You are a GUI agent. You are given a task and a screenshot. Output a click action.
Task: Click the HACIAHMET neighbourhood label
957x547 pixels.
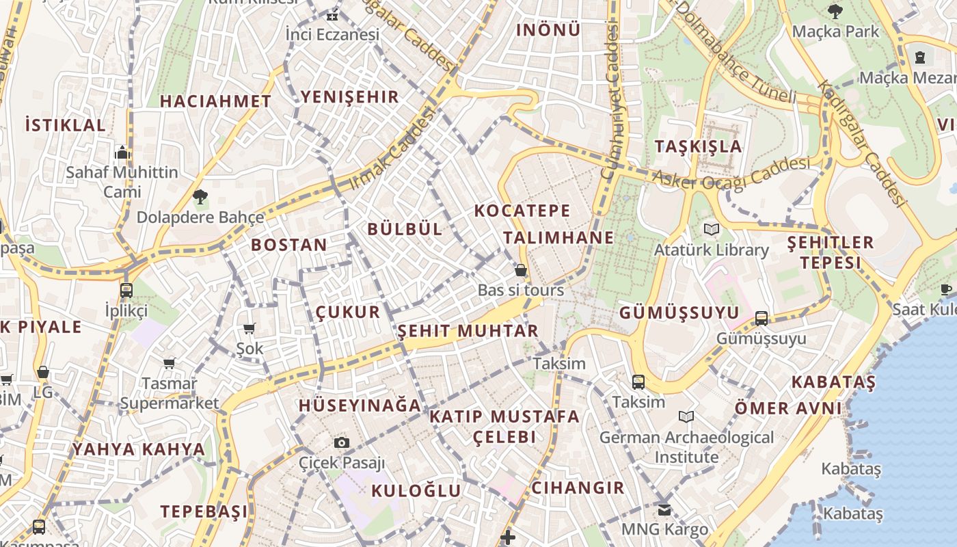(x=215, y=101)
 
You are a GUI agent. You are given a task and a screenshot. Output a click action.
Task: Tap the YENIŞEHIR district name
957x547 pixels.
(x=350, y=97)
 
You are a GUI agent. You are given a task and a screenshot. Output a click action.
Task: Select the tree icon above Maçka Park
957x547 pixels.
(x=835, y=12)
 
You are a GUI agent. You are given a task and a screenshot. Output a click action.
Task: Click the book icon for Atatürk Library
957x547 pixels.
(x=712, y=230)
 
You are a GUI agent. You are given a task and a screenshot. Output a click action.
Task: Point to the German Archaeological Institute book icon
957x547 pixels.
(x=686, y=416)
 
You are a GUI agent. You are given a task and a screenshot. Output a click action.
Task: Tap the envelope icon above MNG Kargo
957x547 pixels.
(x=664, y=509)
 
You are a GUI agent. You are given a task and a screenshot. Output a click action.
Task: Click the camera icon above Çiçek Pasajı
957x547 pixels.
(x=342, y=443)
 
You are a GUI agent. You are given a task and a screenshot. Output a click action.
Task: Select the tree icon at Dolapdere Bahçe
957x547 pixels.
(x=200, y=198)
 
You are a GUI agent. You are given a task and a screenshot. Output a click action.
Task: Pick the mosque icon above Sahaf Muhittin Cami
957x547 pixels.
(x=122, y=152)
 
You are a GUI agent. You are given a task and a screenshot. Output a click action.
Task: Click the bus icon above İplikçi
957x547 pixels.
(x=126, y=290)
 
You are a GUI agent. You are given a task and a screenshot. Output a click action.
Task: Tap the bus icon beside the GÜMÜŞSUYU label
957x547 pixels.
(x=761, y=318)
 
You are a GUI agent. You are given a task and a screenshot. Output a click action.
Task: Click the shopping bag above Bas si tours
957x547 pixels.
(x=521, y=270)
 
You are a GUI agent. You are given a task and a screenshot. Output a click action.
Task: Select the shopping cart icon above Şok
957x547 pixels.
(x=250, y=329)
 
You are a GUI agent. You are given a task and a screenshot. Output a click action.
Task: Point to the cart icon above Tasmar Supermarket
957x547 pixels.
(x=169, y=363)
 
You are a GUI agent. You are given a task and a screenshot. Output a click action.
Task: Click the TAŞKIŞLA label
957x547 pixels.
(x=698, y=146)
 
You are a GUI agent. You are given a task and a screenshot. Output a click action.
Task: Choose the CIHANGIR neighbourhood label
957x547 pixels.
(x=578, y=488)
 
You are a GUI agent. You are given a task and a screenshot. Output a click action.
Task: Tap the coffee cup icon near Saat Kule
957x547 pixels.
(x=946, y=290)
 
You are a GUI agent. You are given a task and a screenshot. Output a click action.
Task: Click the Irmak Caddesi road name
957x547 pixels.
(x=392, y=152)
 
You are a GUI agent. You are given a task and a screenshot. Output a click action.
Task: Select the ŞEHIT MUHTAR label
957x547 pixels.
(x=468, y=332)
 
